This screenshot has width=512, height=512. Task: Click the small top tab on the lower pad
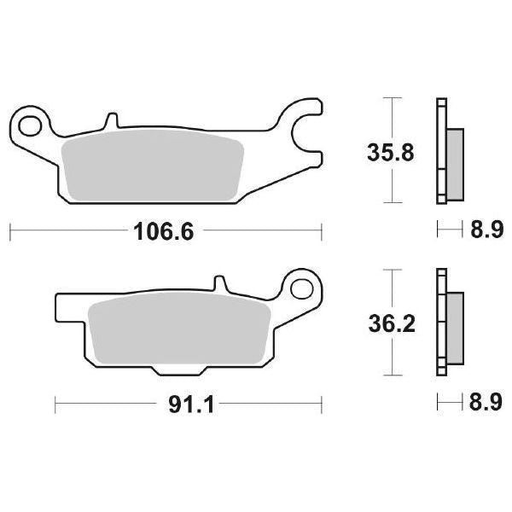point(219,282)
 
